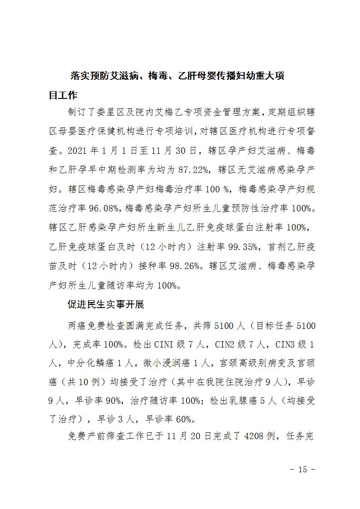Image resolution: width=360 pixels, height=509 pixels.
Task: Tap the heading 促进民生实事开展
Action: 105,305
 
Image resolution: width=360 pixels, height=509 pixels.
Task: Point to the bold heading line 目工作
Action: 63,95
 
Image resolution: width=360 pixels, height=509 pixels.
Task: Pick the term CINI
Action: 148,344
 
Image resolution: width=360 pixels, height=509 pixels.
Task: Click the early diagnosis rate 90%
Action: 113,401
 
